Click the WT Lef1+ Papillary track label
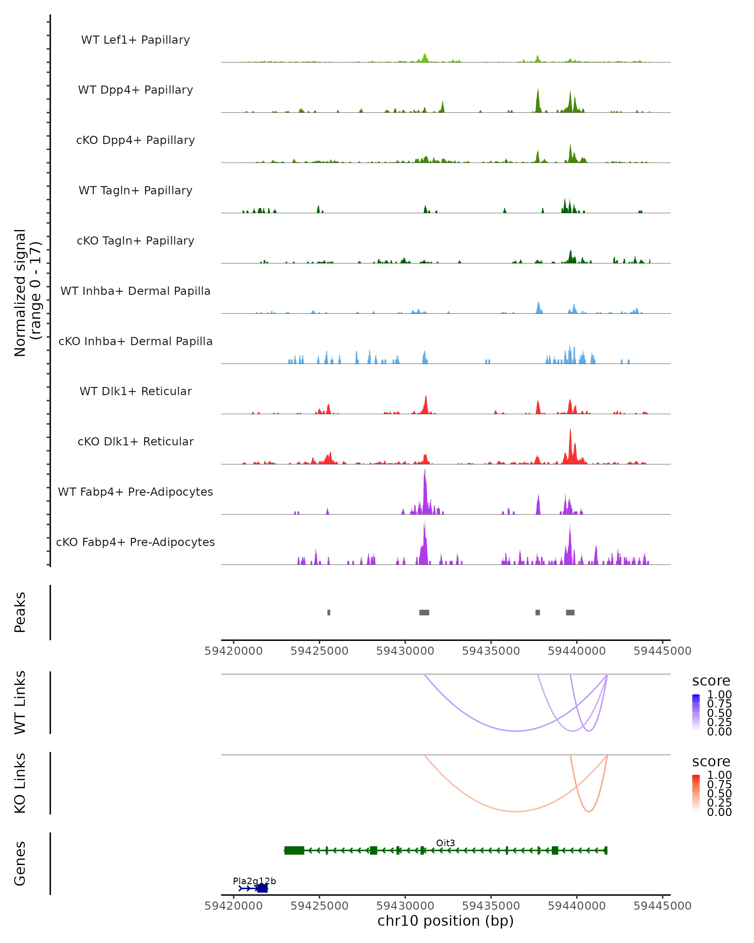pos(135,40)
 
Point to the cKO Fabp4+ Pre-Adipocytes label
pos(135,542)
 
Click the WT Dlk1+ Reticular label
pos(135,391)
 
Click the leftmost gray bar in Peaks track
pos(329,612)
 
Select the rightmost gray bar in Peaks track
pos(570,612)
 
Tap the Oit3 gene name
pos(445,843)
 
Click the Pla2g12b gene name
pos(254,881)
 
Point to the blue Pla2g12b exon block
pos(262,888)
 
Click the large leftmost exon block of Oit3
pos(294,850)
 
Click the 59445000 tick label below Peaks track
pos(662,651)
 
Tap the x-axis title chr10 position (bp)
pos(445,921)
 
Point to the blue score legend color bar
pos(696,713)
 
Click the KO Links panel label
pos(20,783)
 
